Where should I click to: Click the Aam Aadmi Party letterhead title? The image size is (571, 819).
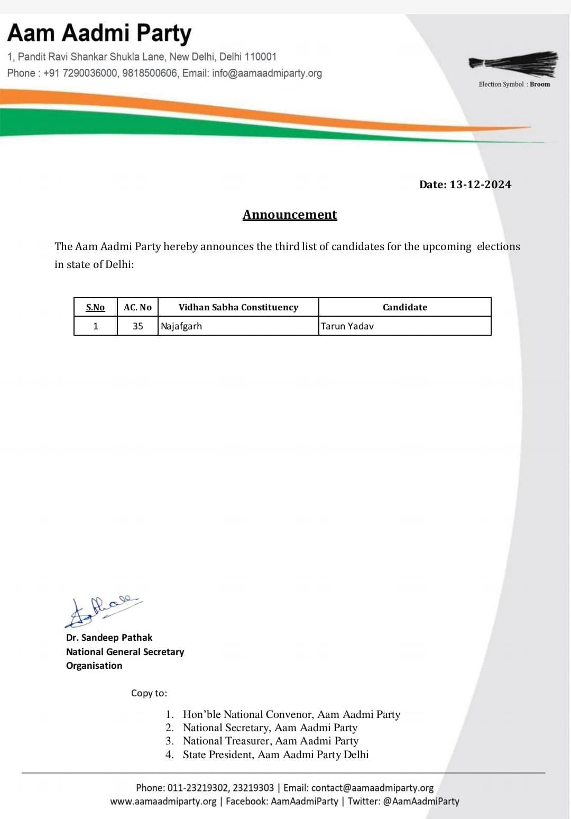coord(99,33)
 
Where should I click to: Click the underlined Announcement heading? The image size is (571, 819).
coord(290,214)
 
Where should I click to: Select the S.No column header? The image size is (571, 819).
coord(95,307)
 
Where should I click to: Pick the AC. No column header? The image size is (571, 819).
coord(137,307)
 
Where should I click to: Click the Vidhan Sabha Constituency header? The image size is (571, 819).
coord(238,307)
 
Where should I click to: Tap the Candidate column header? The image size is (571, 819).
coord(405,307)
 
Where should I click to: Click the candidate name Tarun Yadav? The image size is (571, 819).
coord(347,326)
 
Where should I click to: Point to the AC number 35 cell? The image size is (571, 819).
coord(138,326)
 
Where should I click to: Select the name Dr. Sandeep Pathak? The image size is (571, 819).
coord(109,638)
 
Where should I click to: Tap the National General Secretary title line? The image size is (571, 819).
coord(125,652)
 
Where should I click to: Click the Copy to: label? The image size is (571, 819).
coord(149,693)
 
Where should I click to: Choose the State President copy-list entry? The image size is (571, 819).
coord(275,754)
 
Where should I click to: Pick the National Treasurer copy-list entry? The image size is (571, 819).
coord(270,741)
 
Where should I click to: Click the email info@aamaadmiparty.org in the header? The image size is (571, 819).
coord(267,73)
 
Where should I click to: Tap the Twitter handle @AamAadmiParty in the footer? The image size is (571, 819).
coord(421,801)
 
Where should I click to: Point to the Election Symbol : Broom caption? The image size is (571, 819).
coord(514,84)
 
